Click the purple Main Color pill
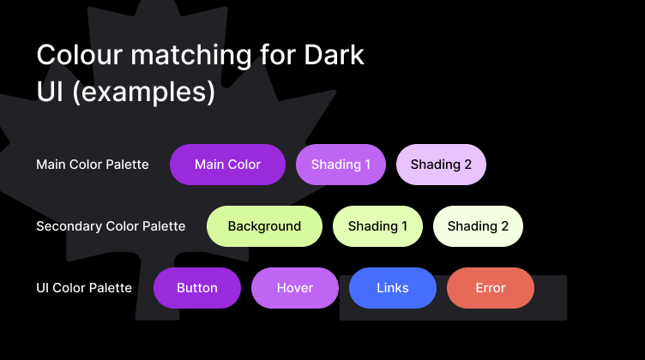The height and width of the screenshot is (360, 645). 227,165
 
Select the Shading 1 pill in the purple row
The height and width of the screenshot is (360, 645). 341,165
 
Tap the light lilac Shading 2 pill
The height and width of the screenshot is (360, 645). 441,165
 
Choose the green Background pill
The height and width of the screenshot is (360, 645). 264,226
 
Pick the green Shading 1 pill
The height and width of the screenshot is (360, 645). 377,226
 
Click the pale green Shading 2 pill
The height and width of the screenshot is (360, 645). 478,226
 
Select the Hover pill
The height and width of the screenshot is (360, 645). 295,288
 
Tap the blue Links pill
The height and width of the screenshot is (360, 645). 393,288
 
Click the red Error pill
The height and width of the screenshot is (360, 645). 491,288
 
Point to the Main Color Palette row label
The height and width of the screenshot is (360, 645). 93,165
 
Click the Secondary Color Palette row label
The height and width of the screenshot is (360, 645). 111,226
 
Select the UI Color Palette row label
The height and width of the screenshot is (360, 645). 84,288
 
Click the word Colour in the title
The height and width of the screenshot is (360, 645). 80,55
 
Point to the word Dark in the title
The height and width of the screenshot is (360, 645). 334,55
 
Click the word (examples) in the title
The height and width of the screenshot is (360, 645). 143,92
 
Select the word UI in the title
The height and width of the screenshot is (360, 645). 50,91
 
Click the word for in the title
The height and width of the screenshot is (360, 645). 278,54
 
